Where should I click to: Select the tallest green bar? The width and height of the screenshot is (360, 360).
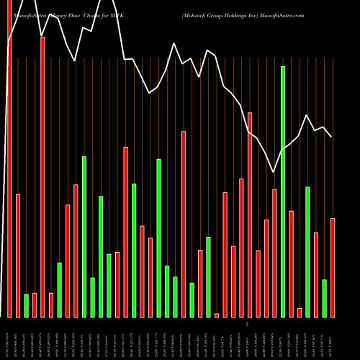(283, 192)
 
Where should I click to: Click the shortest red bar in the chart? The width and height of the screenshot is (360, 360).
(217, 315)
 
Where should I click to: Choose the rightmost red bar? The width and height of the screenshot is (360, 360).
(333, 267)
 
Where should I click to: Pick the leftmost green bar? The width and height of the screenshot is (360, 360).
(27, 305)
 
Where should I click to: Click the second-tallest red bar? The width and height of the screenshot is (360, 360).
(42, 177)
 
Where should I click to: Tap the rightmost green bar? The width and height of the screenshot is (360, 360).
(324, 298)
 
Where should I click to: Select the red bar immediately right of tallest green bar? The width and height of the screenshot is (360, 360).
(292, 264)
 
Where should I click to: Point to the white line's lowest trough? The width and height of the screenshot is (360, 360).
(273, 172)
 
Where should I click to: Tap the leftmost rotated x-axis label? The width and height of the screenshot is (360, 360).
(9, 340)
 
